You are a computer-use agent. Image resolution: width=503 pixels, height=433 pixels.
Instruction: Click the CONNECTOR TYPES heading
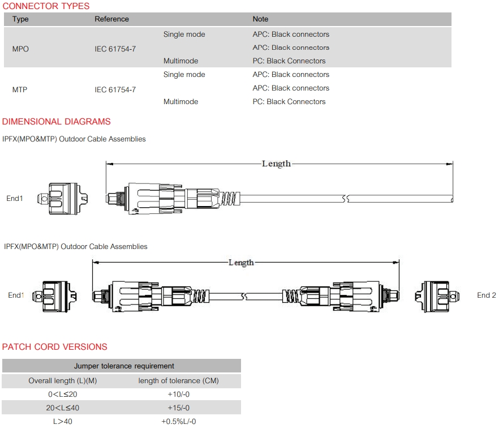(46, 6)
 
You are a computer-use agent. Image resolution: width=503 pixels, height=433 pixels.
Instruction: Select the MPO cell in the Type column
(20, 49)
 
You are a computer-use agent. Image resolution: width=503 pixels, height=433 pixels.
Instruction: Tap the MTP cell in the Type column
(20, 89)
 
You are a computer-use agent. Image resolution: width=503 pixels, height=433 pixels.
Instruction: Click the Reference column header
(111, 19)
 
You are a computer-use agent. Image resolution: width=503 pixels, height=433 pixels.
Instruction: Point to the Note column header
(260, 19)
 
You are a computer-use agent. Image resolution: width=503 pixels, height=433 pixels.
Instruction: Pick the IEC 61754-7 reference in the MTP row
(115, 89)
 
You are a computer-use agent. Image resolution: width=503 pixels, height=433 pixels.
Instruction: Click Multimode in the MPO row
(180, 61)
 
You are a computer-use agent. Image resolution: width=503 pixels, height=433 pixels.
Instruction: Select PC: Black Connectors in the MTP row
(289, 102)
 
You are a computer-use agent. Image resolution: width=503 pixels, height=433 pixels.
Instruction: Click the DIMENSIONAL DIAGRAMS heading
(56, 122)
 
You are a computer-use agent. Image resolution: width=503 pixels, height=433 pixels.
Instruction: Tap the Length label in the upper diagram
(276, 164)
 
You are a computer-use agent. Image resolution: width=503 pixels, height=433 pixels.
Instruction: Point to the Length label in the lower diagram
(241, 263)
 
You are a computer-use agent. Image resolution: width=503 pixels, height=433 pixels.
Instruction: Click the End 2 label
(487, 295)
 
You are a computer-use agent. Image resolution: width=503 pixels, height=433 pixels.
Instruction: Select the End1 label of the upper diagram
(15, 198)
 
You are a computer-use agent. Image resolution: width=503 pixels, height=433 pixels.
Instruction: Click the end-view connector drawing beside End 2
(437, 296)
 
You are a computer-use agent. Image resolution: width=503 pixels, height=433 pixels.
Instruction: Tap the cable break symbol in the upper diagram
(346, 199)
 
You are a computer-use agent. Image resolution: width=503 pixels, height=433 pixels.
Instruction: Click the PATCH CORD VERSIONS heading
(54, 347)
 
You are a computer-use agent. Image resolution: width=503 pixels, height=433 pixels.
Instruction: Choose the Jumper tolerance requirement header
(124, 366)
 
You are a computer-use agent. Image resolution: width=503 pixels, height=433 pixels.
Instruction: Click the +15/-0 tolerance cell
(178, 408)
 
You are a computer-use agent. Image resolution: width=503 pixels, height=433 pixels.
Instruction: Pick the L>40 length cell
(63, 422)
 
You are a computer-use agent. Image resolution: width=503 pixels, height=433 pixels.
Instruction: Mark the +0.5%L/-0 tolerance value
(179, 422)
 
